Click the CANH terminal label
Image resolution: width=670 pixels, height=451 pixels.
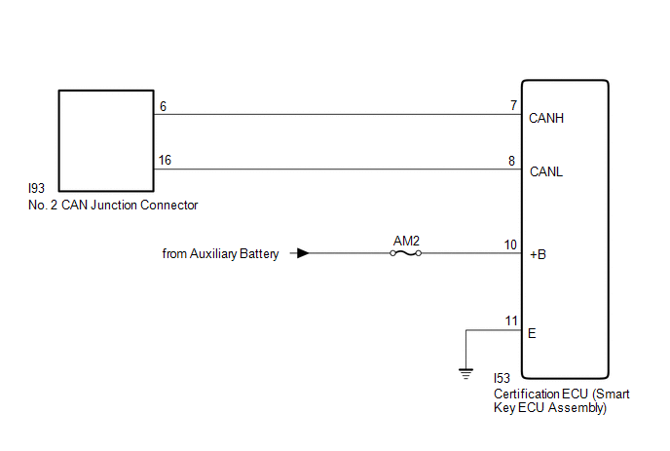(x=546, y=118)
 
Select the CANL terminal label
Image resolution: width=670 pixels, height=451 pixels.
(x=546, y=171)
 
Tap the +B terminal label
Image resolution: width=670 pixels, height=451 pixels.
(x=538, y=255)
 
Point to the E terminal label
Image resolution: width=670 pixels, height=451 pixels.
(x=532, y=333)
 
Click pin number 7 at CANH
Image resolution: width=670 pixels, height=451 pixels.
(x=513, y=105)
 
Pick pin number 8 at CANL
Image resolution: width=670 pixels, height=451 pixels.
(x=512, y=161)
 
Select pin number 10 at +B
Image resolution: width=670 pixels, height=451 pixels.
(x=510, y=244)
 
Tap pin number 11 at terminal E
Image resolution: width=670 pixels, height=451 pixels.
(x=511, y=321)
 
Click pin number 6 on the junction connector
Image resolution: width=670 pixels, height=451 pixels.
(x=164, y=106)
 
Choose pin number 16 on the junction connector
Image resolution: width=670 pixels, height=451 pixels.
(x=165, y=161)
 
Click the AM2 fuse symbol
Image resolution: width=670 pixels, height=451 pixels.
(x=405, y=253)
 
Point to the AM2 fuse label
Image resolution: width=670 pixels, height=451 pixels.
(x=406, y=241)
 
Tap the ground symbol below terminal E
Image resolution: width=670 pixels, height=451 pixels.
(x=465, y=374)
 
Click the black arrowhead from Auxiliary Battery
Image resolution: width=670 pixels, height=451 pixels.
(x=303, y=253)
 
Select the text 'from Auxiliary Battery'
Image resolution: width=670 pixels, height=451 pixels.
(x=220, y=254)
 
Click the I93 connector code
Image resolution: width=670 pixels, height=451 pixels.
(x=36, y=188)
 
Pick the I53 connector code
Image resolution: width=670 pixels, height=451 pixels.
(x=502, y=378)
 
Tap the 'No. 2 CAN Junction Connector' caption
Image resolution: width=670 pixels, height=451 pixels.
(x=113, y=206)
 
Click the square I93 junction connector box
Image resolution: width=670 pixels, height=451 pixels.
(x=106, y=91)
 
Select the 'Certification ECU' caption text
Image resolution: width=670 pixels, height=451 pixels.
(x=540, y=394)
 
